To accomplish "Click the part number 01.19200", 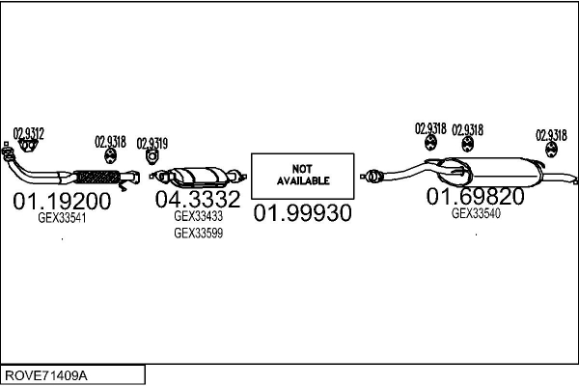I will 62,202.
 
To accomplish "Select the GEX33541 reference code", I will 62,219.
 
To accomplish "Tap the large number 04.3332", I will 198,200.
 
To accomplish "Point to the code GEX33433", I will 198,217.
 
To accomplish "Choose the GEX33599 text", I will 198,233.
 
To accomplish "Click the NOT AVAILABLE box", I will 303,175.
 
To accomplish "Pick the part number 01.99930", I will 302,212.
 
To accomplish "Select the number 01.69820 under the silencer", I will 476,197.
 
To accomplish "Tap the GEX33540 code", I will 476,213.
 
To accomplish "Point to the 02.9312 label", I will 28,133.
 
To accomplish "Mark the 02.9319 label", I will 152,143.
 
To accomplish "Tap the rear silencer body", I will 498,173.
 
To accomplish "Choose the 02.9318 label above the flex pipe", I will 110,141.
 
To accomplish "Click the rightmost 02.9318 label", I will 551,135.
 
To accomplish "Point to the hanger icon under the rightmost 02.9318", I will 551,149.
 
